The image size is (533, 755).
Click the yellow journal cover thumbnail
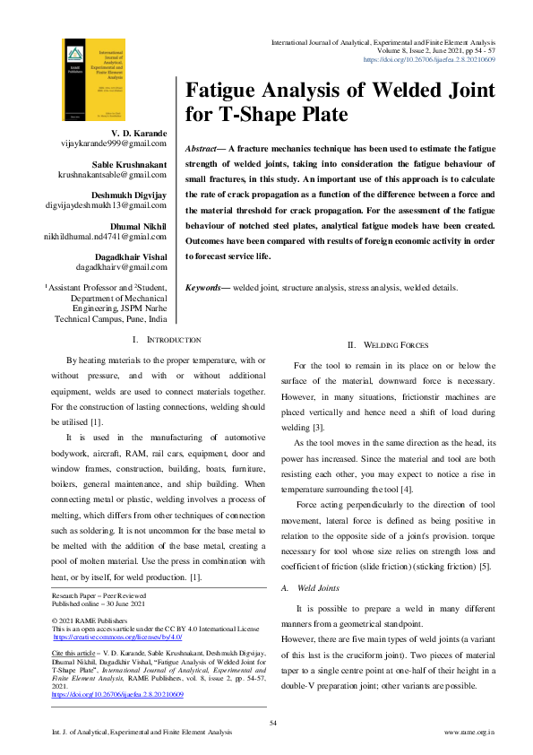[x=90, y=80]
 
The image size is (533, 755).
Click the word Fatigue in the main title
[x=226, y=91]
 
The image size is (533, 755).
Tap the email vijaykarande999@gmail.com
[x=112, y=143]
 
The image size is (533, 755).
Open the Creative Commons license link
[x=117, y=637]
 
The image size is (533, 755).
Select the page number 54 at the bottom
[x=274, y=723]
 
